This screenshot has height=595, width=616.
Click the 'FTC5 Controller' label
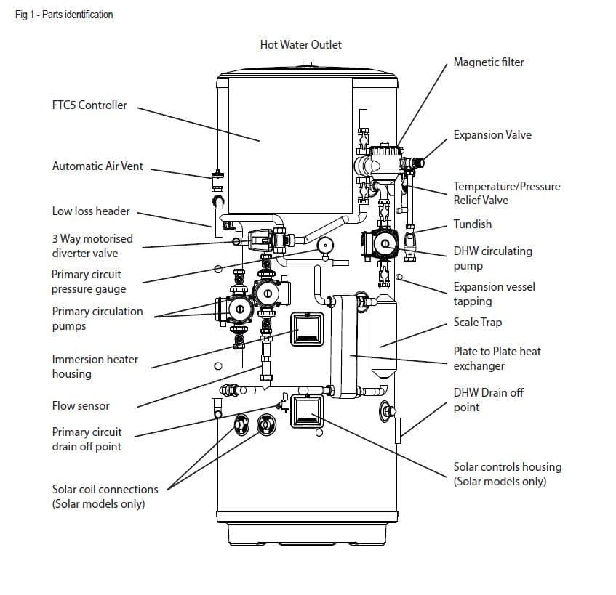(89, 105)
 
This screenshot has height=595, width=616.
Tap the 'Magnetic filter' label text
(489, 62)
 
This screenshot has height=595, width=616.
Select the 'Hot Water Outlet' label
(301, 45)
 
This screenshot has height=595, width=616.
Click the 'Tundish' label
(473, 224)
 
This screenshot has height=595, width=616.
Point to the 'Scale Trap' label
(478, 323)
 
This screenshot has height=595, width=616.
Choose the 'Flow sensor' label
(81, 406)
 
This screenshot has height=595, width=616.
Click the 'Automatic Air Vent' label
(98, 166)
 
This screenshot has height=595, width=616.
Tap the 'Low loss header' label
(91, 211)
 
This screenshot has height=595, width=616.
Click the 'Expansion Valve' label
(492, 135)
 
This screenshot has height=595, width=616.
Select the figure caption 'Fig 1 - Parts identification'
(64, 15)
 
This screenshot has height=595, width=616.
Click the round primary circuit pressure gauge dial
(325, 246)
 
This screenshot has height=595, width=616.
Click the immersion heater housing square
(307, 329)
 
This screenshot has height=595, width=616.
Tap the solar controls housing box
(307, 411)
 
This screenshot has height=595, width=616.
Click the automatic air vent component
(217, 179)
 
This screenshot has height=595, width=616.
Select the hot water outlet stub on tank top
(307, 64)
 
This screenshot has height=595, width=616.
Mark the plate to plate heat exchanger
(344, 347)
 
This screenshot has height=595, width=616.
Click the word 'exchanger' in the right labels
(479, 366)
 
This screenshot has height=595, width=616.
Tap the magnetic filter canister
(385, 163)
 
